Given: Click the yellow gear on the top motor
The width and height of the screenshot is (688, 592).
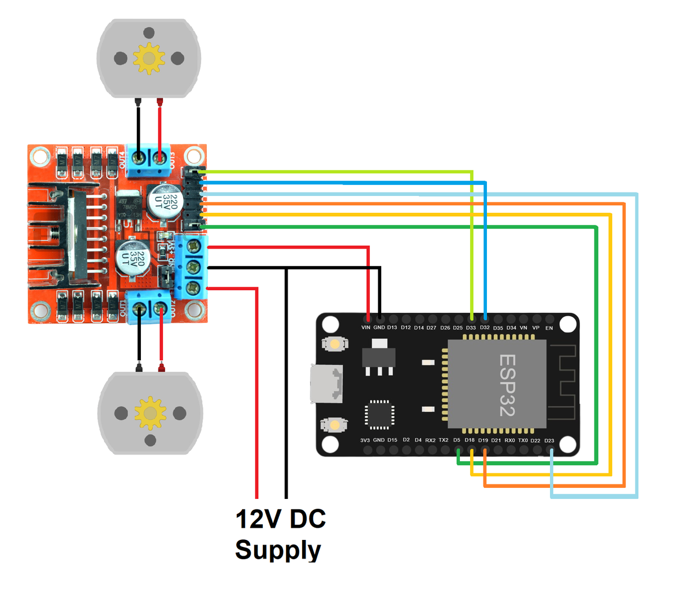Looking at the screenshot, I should tap(149, 58).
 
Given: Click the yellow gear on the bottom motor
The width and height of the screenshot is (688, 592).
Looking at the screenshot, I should tap(150, 413).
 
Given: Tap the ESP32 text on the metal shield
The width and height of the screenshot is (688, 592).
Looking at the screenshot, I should tap(507, 385).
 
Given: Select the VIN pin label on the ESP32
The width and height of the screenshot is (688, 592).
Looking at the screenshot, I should tap(366, 328).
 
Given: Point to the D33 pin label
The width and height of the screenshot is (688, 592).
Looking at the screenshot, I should tap(471, 328).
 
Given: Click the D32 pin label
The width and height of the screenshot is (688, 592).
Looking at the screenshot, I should tap(485, 328).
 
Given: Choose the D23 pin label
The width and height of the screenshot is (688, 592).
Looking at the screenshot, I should tap(549, 441).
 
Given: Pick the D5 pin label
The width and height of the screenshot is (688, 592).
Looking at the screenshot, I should tap(457, 440).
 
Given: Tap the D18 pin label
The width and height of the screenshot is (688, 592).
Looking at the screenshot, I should tap(470, 440).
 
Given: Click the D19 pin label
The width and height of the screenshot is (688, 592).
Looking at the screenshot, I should tap(483, 440).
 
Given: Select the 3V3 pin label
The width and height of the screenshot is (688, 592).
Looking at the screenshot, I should tap(365, 440).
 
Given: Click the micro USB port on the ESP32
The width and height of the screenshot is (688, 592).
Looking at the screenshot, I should tap(325, 384).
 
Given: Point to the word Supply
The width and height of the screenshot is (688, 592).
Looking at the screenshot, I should tap(278, 550).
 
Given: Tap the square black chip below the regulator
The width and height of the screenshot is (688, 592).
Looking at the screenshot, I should tap(379, 415).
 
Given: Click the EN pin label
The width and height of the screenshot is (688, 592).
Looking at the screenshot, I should tap(549, 328).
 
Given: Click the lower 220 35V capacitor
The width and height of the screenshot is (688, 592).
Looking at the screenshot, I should tap(133, 258).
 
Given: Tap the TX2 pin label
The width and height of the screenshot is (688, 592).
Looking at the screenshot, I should tap(444, 440).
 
